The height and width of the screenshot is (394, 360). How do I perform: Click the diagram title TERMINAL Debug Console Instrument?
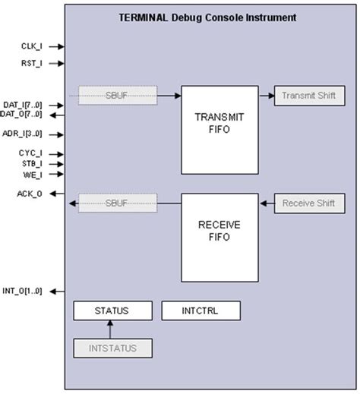click(x=207, y=17)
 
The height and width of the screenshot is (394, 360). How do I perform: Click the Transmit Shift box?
click(x=308, y=96)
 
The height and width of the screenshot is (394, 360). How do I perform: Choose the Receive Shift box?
click(x=308, y=203)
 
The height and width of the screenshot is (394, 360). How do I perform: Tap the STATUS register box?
click(x=112, y=310)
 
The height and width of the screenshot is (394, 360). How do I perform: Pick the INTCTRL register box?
click(x=201, y=310)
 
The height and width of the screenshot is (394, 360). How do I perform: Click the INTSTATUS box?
click(x=112, y=348)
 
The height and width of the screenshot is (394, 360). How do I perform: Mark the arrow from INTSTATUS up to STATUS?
click(x=110, y=329)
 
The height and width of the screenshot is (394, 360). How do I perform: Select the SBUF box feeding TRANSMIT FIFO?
click(x=118, y=96)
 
